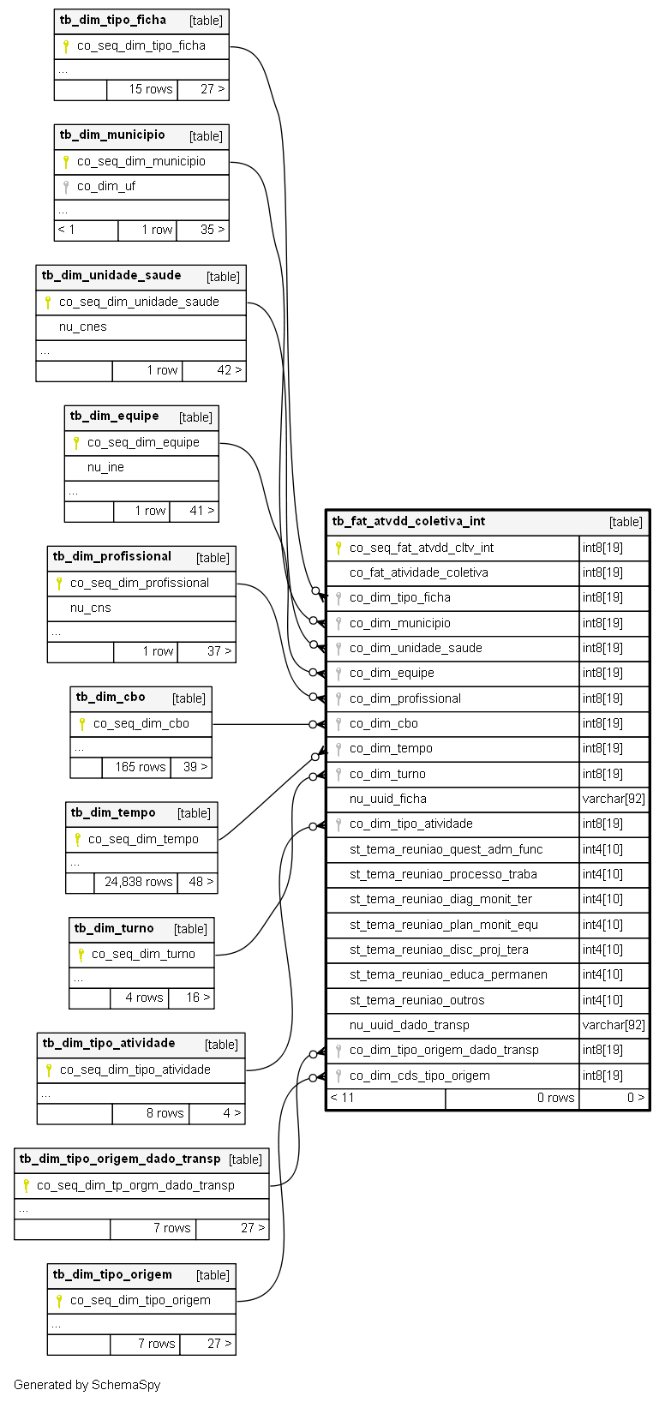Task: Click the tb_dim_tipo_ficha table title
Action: tap(113, 20)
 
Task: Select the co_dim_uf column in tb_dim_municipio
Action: tap(105, 187)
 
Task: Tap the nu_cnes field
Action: tap(82, 327)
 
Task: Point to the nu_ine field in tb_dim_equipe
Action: tap(105, 468)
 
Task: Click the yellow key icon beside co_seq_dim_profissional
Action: tap(59, 584)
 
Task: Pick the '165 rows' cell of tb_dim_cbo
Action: tap(141, 767)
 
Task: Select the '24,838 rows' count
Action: tap(138, 882)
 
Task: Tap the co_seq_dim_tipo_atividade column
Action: tap(135, 1069)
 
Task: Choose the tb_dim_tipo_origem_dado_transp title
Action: tap(120, 1159)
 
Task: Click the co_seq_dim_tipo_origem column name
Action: tap(141, 1300)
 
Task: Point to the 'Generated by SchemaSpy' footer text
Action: tap(87, 1385)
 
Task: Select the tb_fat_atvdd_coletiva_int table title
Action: tap(408, 521)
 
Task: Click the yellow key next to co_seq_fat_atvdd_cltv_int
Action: tap(338, 548)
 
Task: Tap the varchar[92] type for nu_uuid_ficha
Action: tap(614, 800)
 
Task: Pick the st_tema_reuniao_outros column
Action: tap(417, 1000)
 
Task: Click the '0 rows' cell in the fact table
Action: tap(555, 1098)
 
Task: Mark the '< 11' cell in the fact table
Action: tap(342, 1098)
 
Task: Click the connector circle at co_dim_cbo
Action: tap(313, 724)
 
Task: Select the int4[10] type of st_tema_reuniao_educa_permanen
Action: tap(602, 974)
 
